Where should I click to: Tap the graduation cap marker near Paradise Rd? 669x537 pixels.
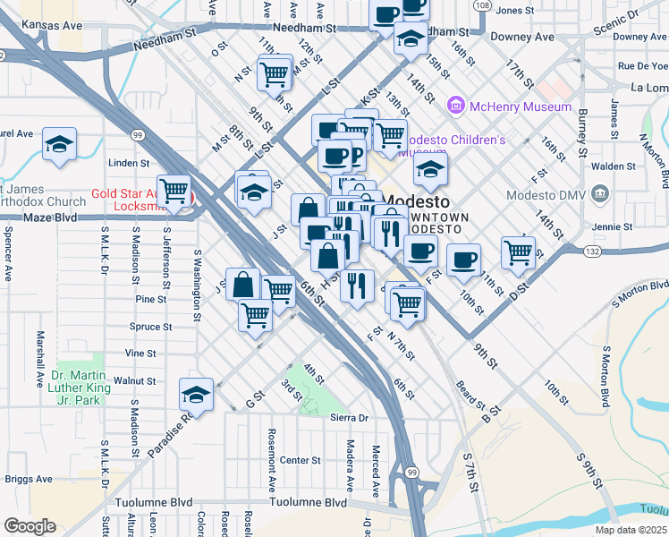[197, 393]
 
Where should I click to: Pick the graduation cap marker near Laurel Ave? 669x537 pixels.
[60, 144]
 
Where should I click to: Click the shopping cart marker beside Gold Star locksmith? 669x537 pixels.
[174, 190]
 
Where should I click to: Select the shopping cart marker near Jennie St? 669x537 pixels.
[518, 252]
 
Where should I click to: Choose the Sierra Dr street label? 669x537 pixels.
[350, 418]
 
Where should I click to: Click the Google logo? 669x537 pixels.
[29, 526]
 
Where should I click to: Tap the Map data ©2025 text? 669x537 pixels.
[631, 530]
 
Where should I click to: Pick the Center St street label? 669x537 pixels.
[301, 460]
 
